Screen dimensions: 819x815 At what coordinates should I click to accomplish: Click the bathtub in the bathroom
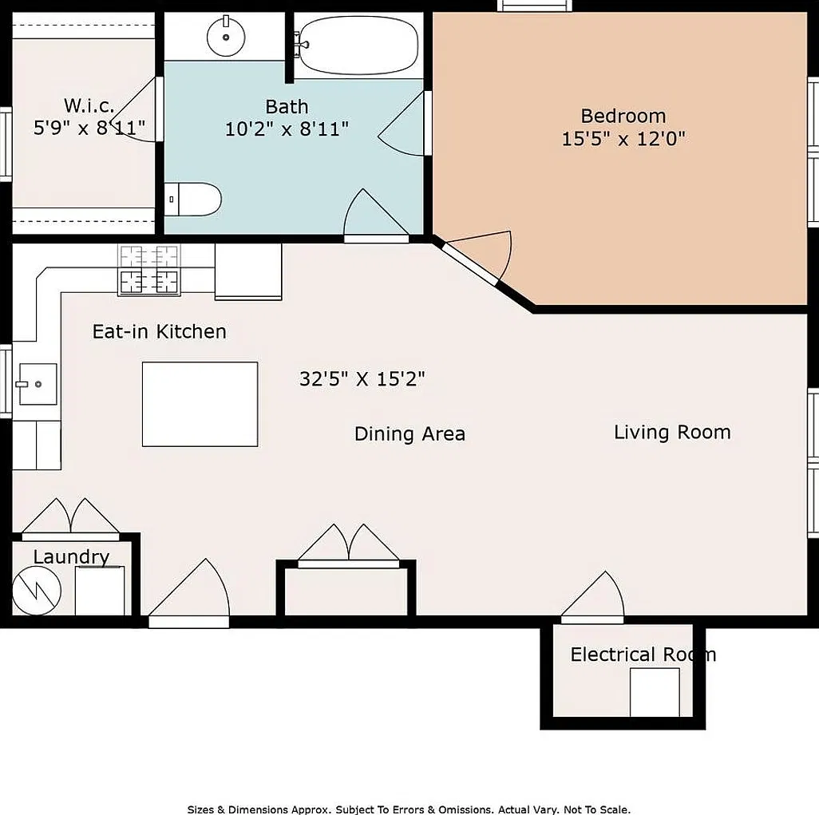click(x=359, y=45)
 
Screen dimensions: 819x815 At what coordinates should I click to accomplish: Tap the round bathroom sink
click(x=226, y=37)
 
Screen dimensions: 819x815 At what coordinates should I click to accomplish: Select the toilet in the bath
click(x=192, y=199)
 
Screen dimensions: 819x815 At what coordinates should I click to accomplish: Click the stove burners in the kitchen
click(x=148, y=270)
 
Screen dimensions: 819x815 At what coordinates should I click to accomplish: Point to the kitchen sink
click(x=38, y=384)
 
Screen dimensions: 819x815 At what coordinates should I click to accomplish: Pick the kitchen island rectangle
click(x=200, y=404)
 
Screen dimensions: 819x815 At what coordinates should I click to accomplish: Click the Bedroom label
click(x=623, y=116)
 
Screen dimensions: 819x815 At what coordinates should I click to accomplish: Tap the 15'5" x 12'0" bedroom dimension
click(x=623, y=138)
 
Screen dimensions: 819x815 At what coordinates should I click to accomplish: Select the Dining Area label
click(x=409, y=433)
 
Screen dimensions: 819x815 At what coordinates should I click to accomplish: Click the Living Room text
click(x=672, y=432)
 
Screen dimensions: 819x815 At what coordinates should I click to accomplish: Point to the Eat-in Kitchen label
click(x=160, y=331)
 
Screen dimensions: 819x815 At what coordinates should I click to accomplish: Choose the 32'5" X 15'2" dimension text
click(x=362, y=378)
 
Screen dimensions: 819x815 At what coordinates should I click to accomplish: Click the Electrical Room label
click(x=643, y=654)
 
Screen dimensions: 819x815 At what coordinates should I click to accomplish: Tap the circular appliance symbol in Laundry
click(x=36, y=591)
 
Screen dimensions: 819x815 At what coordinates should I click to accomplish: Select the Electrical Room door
click(x=592, y=598)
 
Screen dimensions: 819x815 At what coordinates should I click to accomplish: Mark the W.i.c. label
click(x=89, y=105)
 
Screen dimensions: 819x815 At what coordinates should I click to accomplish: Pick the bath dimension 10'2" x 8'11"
click(x=287, y=129)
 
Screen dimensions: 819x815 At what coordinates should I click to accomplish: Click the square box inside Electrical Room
click(x=655, y=692)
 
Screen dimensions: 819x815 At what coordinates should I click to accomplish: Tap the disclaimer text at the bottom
click(x=409, y=809)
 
